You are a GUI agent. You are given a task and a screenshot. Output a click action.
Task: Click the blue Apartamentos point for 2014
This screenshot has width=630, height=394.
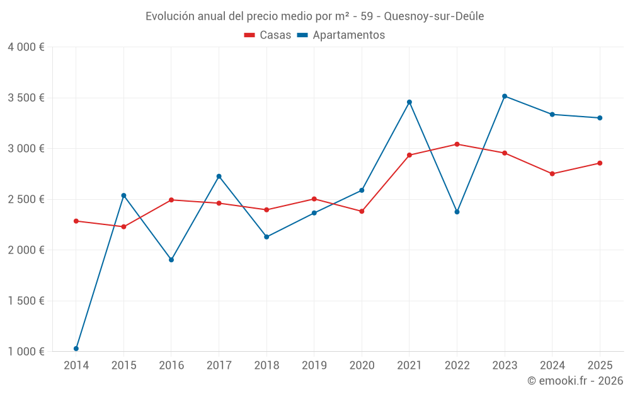[76, 349]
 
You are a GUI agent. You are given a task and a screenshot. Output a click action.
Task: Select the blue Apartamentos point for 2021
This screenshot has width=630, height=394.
[409, 102]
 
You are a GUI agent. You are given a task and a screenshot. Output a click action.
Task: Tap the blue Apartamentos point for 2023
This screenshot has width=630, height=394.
[505, 96]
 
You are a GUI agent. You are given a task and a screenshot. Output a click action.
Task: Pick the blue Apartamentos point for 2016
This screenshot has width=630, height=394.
[171, 260]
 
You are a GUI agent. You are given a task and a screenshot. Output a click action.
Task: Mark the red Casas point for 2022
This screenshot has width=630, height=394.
[457, 144]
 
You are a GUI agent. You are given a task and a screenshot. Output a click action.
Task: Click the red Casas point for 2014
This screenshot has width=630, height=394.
[76, 221]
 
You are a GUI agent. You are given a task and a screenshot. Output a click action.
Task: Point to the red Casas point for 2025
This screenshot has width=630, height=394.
[600, 163]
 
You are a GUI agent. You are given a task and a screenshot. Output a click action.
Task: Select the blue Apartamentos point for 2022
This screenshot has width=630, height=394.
[457, 212]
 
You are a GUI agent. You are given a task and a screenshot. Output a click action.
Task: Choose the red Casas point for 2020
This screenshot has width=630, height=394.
[362, 211]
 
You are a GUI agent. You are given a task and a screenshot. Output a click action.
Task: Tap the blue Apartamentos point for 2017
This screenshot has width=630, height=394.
[219, 176]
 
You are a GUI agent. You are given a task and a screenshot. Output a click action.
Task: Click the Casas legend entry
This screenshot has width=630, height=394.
[268, 35]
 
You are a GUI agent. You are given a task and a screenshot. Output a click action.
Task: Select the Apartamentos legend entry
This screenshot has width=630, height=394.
[341, 35]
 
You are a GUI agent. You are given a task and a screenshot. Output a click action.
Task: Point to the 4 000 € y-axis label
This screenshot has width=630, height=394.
[26, 47]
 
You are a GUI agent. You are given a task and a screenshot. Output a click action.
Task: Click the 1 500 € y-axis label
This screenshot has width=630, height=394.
[26, 301]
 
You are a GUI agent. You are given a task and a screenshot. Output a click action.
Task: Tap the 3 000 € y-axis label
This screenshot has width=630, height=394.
[26, 149]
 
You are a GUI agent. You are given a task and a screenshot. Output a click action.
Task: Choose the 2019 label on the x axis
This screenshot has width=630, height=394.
[314, 365]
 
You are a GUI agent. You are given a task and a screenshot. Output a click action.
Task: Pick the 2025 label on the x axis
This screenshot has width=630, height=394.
[600, 365]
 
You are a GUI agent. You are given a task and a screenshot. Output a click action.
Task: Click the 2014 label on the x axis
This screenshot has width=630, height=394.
[76, 365]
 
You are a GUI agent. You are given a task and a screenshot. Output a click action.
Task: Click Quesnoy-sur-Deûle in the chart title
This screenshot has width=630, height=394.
[434, 16]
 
